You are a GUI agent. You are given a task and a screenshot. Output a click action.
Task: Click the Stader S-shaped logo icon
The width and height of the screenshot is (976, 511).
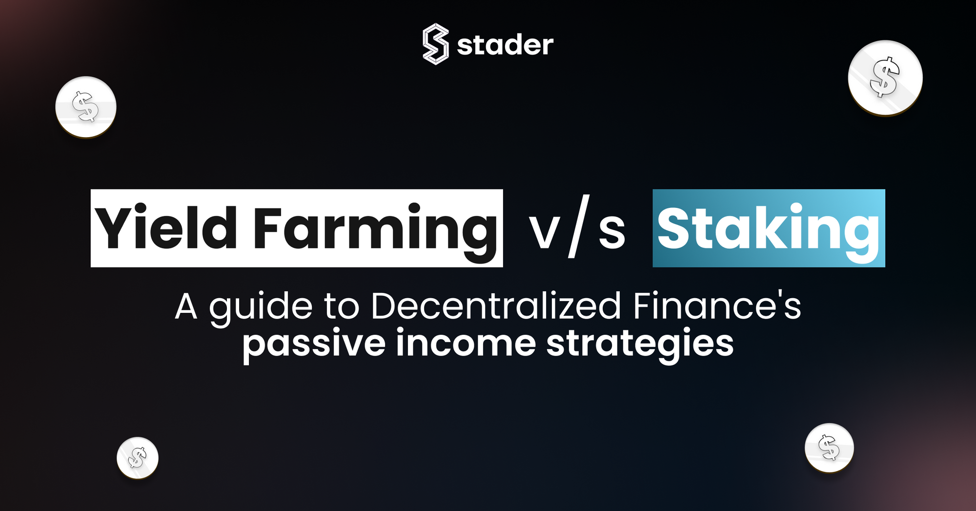435,44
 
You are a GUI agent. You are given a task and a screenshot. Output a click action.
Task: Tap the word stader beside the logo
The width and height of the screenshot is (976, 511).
505,45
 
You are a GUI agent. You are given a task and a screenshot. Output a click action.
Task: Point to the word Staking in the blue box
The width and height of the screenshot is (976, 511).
769,228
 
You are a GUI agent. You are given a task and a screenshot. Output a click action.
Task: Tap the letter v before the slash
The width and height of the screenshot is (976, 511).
544,232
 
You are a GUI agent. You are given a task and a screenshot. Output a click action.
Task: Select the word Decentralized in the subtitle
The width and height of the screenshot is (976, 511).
496,307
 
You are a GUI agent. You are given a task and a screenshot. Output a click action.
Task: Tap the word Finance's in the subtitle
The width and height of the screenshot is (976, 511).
717,307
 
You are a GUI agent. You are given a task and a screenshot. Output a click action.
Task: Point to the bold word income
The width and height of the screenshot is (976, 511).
466,343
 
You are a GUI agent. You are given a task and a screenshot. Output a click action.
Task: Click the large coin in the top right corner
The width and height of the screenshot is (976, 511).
885,78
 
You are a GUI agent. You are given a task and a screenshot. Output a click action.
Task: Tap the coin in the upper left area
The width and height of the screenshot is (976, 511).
86,107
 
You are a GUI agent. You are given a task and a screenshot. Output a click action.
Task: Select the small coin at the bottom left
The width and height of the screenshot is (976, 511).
138,458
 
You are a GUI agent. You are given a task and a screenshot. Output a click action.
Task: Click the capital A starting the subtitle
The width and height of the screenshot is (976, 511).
186,307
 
